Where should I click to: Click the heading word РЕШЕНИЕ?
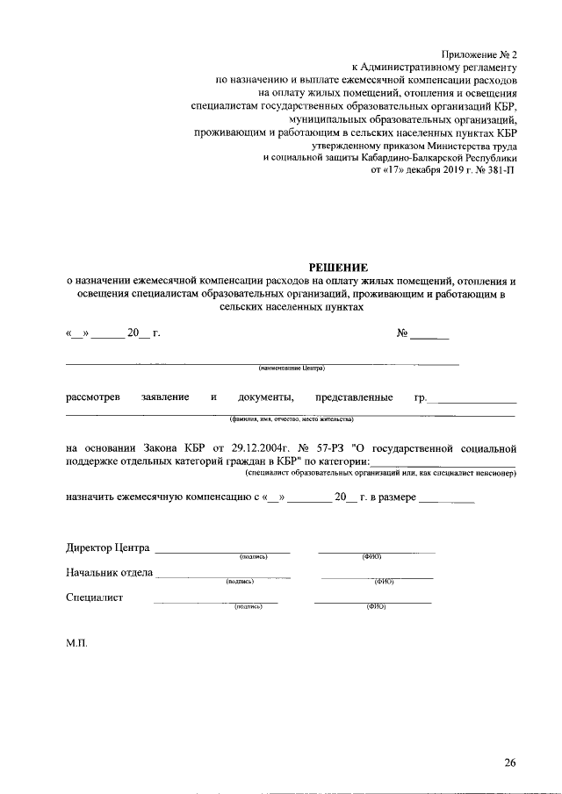coord(339,266)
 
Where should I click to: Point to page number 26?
coord(510,762)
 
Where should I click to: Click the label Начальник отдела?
coord(110,573)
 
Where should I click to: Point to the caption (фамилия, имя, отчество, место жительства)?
coord(292,418)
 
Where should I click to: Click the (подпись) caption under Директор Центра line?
coord(253,557)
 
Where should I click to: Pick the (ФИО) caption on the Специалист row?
coord(376,606)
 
